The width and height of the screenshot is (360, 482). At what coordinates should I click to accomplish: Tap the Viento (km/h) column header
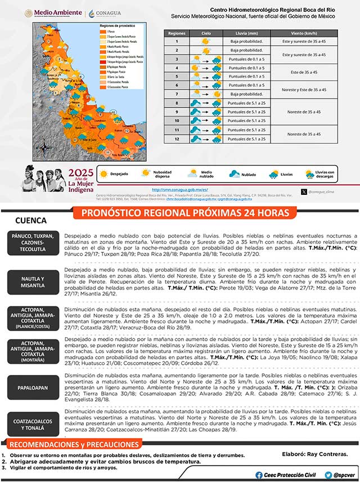click(x=304, y=33)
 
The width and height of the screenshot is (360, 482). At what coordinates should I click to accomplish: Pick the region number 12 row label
click(x=176, y=139)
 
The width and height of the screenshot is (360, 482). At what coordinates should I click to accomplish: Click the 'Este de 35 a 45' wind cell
click(x=304, y=72)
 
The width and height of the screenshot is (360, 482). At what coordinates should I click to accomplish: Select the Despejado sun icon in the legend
click(x=103, y=175)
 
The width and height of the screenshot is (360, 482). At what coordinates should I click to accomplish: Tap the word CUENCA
click(x=31, y=221)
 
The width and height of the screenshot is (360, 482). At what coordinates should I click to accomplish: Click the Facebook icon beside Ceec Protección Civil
click(x=259, y=475)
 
